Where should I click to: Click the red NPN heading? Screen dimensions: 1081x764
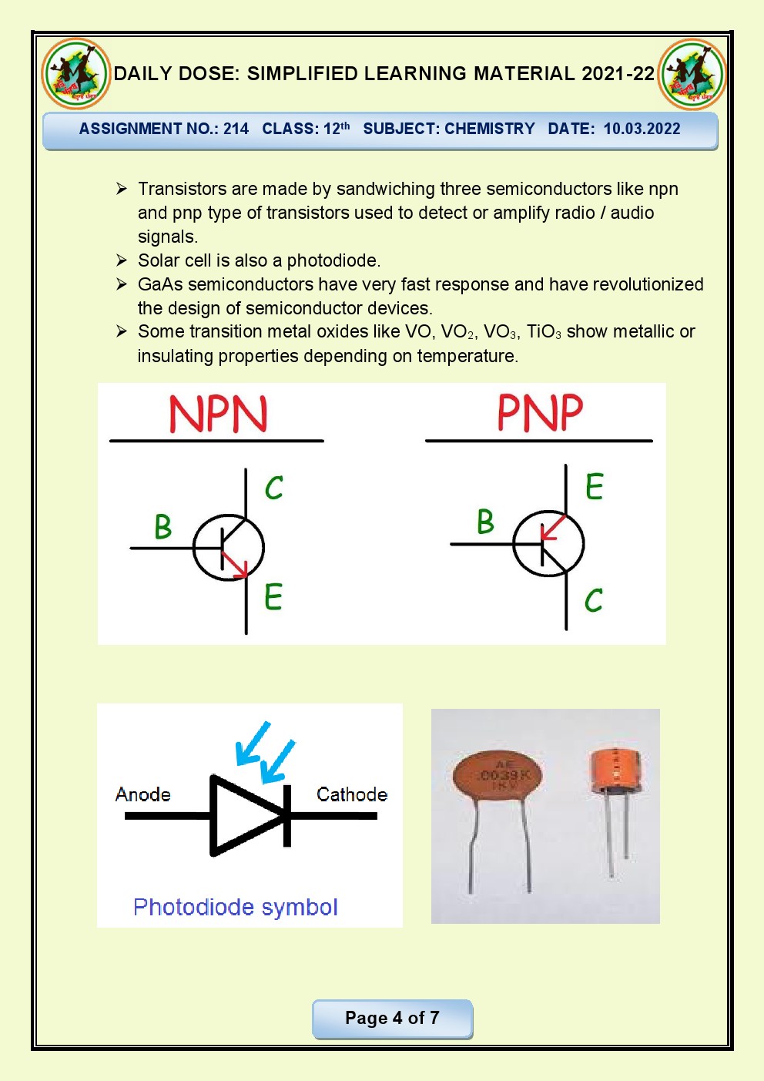click(218, 414)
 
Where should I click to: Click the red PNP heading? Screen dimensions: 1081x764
click(540, 412)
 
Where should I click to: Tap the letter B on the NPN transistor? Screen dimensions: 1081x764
click(163, 527)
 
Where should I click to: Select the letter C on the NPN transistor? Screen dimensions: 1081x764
click(274, 488)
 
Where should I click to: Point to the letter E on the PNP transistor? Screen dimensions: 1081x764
click(594, 486)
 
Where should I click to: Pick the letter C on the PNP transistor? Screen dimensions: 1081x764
click(593, 600)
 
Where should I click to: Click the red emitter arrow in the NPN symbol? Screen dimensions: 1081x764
click(235, 564)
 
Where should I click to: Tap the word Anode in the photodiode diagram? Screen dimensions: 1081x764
click(142, 794)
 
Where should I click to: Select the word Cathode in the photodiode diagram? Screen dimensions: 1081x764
click(352, 794)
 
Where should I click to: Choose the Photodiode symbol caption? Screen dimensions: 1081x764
click(235, 907)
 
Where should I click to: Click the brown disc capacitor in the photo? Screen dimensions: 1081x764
click(497, 778)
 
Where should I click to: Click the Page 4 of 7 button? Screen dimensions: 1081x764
click(392, 1018)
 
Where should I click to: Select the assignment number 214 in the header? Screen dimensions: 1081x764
click(236, 129)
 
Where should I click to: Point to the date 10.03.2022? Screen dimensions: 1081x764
click(642, 129)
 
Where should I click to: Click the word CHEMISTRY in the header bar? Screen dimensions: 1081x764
click(490, 129)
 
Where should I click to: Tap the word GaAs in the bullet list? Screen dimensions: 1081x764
click(160, 284)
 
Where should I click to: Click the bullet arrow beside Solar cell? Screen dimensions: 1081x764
click(122, 260)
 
